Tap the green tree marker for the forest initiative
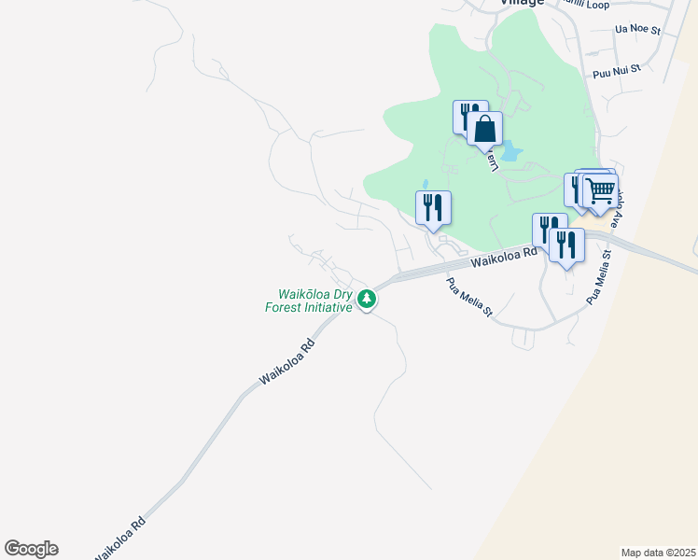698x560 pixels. (369, 300)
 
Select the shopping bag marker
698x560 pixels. (485, 129)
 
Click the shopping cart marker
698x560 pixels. (601, 191)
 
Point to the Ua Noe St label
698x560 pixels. (637, 30)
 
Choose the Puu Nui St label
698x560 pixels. (617, 69)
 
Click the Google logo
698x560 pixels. (31, 549)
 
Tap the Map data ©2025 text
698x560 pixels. (657, 552)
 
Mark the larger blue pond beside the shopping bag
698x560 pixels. (510, 149)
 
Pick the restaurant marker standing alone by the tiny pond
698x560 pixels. (433, 207)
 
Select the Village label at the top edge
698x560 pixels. (521, 3)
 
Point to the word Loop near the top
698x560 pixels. (597, 5)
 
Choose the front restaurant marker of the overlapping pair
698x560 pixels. (566, 245)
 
